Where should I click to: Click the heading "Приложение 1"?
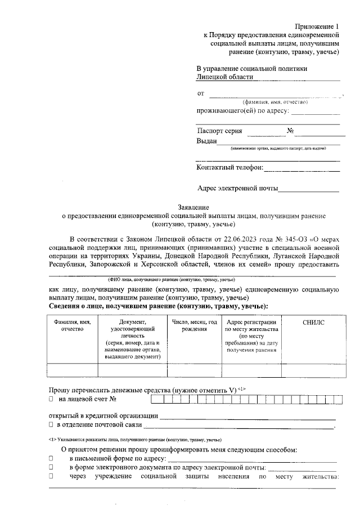[318, 26]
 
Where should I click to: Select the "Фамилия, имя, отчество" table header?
[72, 325]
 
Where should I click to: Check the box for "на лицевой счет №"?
[51, 399]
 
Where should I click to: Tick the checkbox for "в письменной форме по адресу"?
[51, 459]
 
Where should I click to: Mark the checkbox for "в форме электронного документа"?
[51, 468]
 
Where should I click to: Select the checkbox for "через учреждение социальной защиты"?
[51, 476]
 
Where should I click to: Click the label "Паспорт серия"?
[219, 131]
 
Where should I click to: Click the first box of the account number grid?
[155, 400]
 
